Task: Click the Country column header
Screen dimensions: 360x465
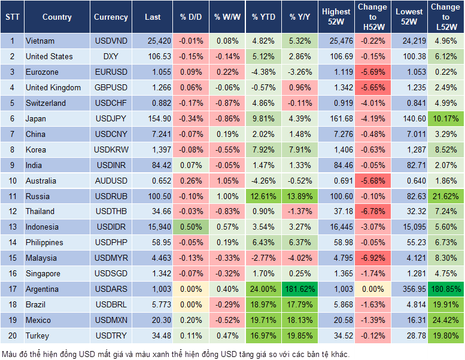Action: [x=57, y=17]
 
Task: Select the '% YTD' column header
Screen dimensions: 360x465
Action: [x=263, y=17]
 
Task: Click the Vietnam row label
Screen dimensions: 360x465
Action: [x=40, y=41]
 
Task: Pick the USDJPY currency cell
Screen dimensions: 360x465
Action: [x=111, y=119]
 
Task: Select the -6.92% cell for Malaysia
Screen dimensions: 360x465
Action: [x=372, y=258]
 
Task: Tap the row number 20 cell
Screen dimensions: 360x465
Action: [x=12, y=336]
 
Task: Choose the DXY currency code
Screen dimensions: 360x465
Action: [x=111, y=57]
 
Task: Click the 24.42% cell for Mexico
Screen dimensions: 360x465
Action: [x=446, y=321]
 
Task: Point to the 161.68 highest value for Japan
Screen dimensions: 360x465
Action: [x=336, y=119]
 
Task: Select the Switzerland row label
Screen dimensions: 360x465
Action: [x=45, y=103]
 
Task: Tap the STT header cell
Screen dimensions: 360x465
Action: [x=12, y=17]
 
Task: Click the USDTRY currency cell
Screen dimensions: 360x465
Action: [x=111, y=336]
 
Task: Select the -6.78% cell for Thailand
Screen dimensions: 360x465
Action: [x=372, y=212]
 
